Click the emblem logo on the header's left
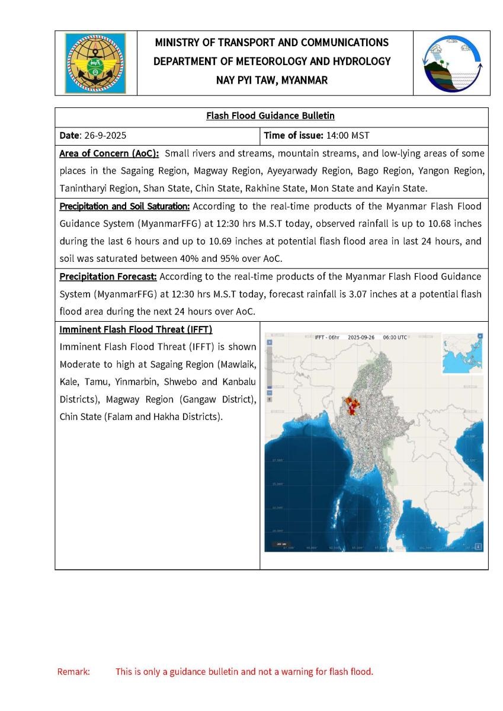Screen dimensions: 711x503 [95, 63]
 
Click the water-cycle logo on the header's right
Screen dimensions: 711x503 [452, 63]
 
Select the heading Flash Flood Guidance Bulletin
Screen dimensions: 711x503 [271, 116]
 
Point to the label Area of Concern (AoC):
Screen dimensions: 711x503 [110, 153]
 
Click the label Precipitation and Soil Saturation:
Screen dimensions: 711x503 [124, 207]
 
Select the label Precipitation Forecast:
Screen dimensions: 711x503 [108, 277]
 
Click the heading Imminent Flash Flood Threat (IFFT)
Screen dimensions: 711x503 [136, 329]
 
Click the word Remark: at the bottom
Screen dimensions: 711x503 [73, 672]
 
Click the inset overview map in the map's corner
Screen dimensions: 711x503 [463, 354]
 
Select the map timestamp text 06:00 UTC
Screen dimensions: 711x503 [395, 337]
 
